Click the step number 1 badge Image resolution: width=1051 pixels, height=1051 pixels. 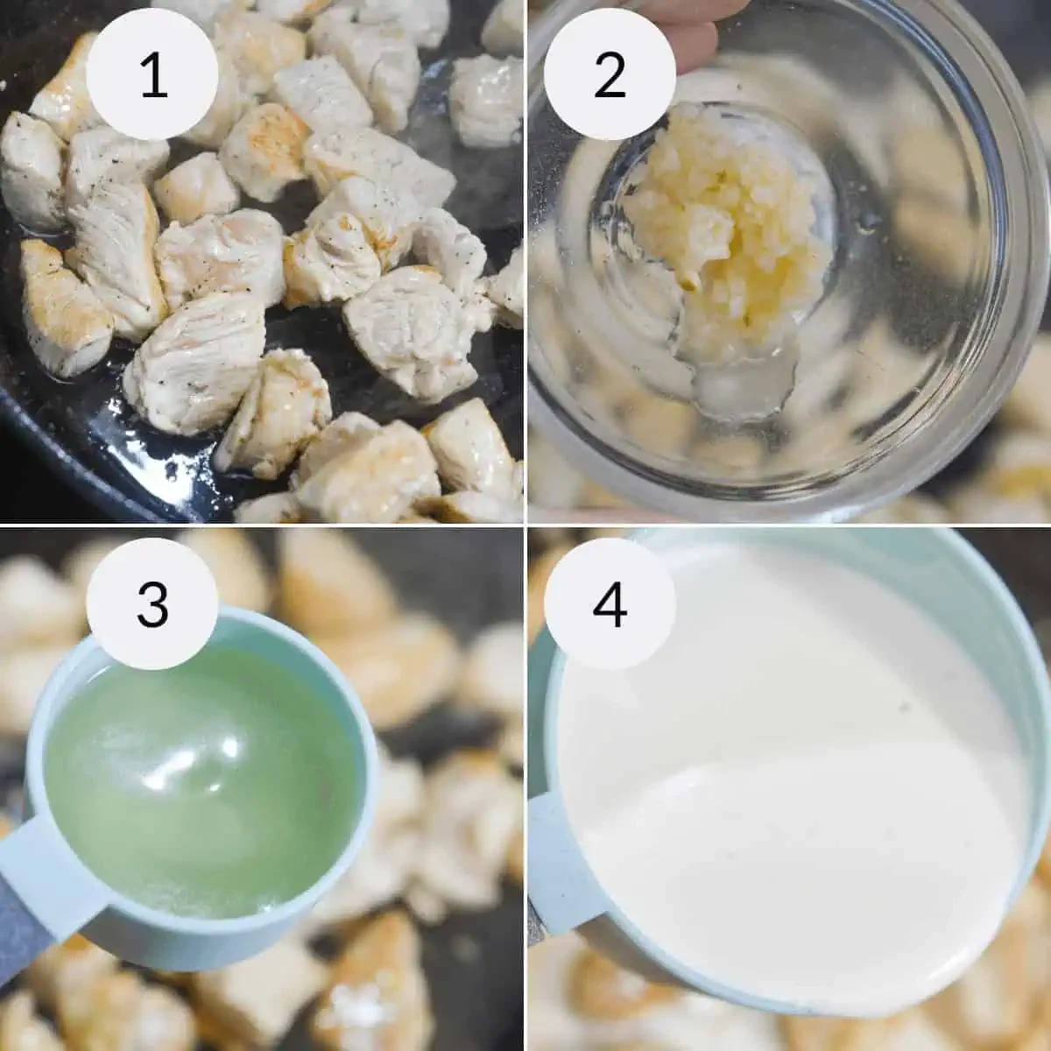152,74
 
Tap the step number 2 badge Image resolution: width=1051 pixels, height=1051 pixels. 610,74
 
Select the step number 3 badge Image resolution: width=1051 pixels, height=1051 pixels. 152,603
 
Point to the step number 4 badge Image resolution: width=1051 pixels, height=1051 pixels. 610,603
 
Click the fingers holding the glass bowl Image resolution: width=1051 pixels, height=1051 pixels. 693,39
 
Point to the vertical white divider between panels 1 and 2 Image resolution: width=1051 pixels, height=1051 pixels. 525,261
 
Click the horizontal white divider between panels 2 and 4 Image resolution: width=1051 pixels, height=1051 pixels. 789,525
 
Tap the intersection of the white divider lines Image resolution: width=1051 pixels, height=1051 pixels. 525,525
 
